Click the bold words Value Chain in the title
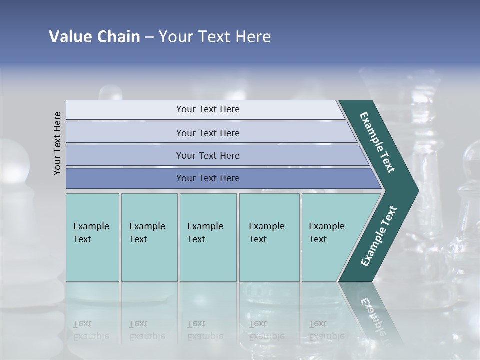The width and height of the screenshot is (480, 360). coord(94,37)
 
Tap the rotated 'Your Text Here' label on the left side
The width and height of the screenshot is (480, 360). coord(57,143)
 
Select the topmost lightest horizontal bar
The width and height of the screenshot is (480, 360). coord(125,110)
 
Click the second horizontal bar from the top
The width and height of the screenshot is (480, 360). coord(125,133)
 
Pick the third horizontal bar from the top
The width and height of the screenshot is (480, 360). coord(125,155)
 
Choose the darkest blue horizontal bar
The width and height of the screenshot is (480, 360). coord(125,178)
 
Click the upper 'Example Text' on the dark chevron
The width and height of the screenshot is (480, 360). coord(377,142)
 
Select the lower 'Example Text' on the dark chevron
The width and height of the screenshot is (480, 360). coord(379,236)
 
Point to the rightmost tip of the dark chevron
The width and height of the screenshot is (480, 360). coord(417,191)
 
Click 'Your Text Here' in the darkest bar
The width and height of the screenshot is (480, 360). coord(208,178)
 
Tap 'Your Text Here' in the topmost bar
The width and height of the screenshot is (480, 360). coord(208,109)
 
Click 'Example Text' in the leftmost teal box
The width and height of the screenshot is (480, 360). coord(91,233)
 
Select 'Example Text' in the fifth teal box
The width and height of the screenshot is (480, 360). coord(326,233)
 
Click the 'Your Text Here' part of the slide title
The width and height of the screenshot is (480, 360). coord(215,37)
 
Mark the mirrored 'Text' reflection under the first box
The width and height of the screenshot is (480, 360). coord(82,324)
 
